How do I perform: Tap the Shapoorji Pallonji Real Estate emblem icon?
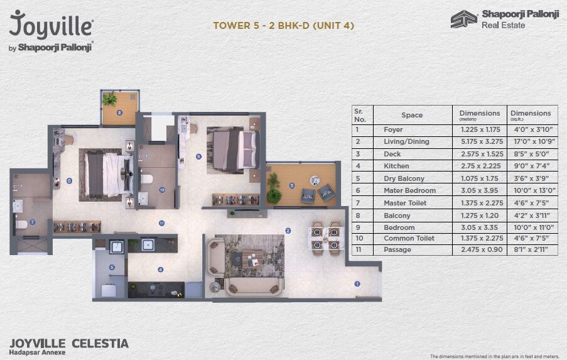[x=463, y=19]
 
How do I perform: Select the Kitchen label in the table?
[x=396, y=166]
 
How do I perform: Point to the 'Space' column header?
[x=412, y=116]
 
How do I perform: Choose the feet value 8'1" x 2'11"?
[x=531, y=250]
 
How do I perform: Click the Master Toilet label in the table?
[x=405, y=203]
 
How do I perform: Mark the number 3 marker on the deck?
[x=291, y=185]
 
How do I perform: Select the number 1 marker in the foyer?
[x=357, y=284]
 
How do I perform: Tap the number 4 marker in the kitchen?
[x=161, y=270]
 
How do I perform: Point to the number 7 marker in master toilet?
[x=33, y=222]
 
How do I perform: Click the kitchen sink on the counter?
[x=149, y=246]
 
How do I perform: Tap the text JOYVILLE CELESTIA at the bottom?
[x=69, y=344]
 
